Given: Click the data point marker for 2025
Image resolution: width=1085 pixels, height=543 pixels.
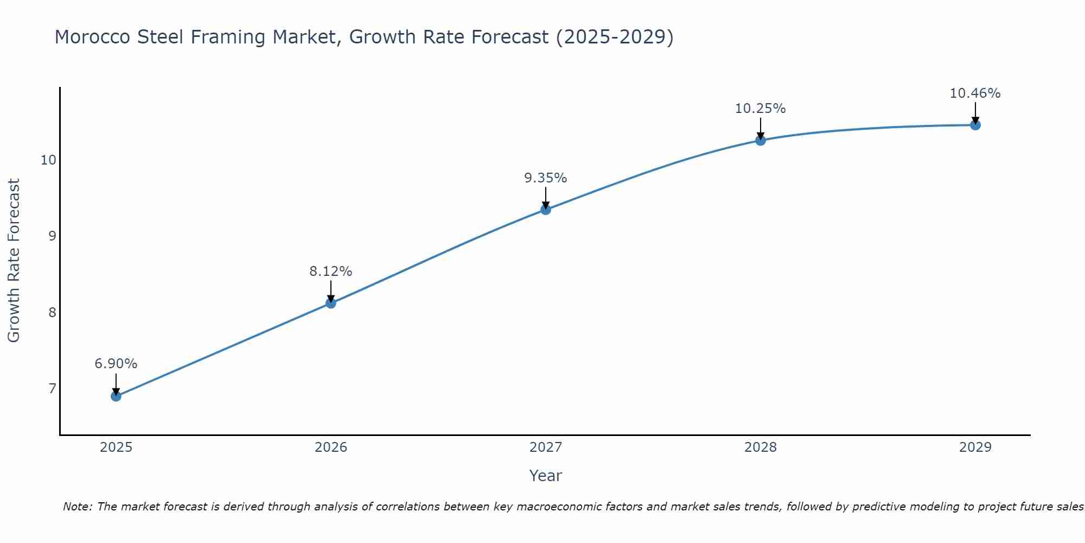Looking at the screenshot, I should pos(116,396).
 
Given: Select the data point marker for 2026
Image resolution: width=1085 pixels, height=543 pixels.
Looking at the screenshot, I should pos(331,303).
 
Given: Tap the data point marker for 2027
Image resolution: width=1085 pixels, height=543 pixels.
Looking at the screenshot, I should pos(546,210).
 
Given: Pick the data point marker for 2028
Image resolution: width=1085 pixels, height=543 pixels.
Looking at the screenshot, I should pos(761,141).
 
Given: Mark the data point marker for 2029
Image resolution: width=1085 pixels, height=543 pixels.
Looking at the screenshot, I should pos(975,125).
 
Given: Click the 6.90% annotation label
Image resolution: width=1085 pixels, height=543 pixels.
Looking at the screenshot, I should pos(116,364).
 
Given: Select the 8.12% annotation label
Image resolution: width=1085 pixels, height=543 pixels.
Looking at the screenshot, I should pos(331,271).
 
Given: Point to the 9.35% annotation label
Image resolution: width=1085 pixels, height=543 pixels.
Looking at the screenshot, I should pos(546,178).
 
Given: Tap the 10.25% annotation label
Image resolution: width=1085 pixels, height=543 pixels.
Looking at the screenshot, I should pos(761,109).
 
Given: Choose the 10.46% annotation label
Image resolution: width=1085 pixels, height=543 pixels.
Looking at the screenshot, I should pos(975,93).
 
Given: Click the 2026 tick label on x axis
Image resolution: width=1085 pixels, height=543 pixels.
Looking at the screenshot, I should pos(331,447).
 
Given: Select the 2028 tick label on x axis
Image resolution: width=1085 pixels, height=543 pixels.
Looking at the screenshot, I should pos(761,447).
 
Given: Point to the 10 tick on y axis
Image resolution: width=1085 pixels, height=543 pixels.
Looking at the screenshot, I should pos(48,160).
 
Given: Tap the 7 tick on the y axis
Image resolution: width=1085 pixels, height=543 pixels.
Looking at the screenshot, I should pos(52,388).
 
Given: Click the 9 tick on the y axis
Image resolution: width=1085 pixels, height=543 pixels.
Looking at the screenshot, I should pos(52,236).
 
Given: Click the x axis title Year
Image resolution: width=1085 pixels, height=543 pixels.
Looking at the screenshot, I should pos(546,476).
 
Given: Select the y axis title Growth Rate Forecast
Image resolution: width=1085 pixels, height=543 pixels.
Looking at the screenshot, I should pos(14,261).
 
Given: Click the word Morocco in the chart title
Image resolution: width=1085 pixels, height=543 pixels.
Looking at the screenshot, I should pos(92,37).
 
